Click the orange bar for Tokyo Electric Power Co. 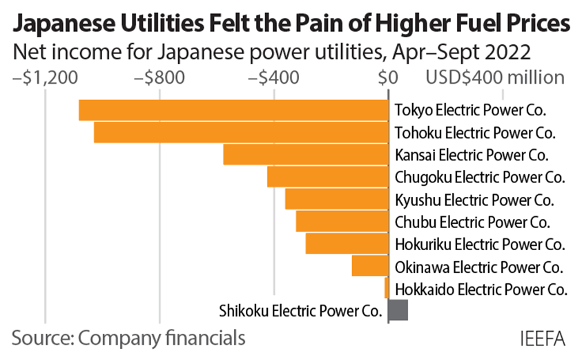[x=233, y=111]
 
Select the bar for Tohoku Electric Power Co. [x=240, y=133]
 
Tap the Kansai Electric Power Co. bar [x=305, y=155]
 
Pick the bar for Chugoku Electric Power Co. [x=327, y=177]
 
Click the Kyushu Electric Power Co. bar [x=336, y=199]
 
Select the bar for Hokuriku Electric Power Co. [x=347, y=243]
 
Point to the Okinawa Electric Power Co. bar [x=370, y=265]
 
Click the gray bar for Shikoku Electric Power [x=398, y=310]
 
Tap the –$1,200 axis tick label [x=45, y=77]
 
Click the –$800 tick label [x=159, y=77]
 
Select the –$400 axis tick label [x=274, y=77]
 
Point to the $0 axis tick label [x=389, y=77]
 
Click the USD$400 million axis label [x=495, y=77]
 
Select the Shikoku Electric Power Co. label [x=301, y=310]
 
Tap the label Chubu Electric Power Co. [x=472, y=222]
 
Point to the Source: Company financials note [x=128, y=339]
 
